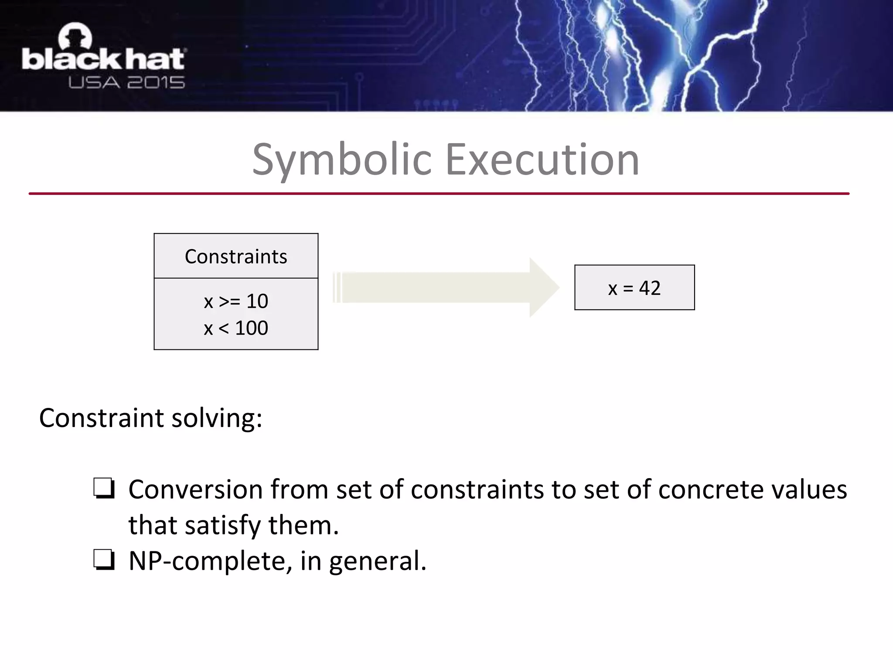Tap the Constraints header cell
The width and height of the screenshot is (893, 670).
236,256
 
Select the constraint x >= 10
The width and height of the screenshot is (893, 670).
236,301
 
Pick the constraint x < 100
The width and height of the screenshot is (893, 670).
236,328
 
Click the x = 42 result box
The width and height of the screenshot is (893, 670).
634,288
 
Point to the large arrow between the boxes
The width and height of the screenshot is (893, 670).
445,287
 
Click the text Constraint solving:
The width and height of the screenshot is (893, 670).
150,418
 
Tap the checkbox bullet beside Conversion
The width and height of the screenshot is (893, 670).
104,489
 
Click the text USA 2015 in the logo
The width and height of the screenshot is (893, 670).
126,82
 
